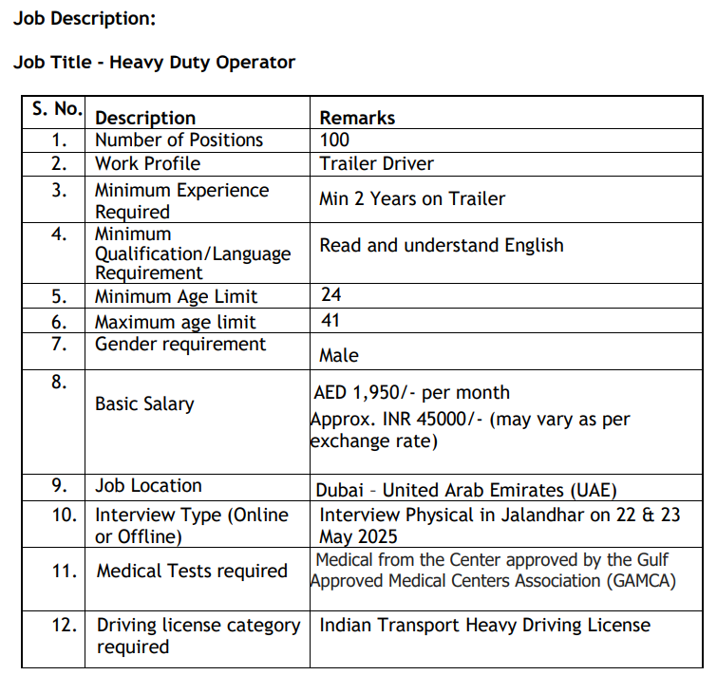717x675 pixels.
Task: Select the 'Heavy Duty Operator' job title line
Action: coord(155,63)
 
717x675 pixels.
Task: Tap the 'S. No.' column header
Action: coord(57,109)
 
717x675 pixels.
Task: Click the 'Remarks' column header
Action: coord(357,118)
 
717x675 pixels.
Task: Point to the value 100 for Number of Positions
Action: coord(334,141)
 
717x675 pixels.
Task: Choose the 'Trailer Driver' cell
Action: coord(376,163)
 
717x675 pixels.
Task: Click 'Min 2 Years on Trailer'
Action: coord(412,199)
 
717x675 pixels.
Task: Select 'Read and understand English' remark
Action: coord(441,245)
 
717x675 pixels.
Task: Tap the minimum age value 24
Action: coord(330,296)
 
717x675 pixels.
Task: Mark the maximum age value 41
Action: coord(330,321)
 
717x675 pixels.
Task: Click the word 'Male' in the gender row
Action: coord(339,356)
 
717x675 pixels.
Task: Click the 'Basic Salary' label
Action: coord(144,404)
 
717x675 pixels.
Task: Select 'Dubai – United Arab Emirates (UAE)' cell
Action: coord(466,491)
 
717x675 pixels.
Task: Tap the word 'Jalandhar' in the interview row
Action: coord(518,515)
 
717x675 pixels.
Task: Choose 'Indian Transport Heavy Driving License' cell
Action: coord(484,625)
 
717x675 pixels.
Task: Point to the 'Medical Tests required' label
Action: coord(192,572)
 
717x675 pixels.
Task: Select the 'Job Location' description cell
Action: coord(148,486)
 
